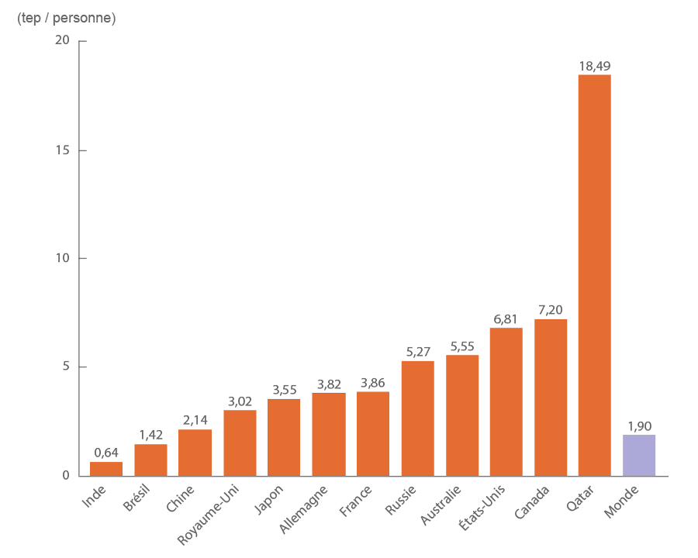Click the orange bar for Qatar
coord(595,275)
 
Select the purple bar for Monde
coord(639,455)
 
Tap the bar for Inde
coord(106,469)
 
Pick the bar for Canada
coord(551,397)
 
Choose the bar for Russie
coord(417,418)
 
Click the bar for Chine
coord(195,452)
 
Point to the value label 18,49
coord(595,66)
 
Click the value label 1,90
coord(639,425)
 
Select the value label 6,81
coord(506,319)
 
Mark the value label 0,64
coord(106,453)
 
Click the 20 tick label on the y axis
coord(61,41)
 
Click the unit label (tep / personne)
coord(66,18)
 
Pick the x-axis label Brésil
coord(141,498)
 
